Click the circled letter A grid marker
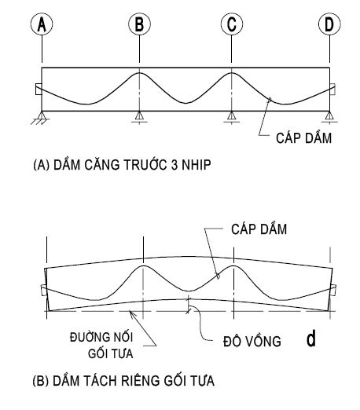42,24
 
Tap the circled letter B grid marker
139,24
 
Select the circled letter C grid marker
232,24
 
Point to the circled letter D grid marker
329,24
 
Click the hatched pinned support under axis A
41,118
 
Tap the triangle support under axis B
139,116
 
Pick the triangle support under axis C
231,116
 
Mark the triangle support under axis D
329,116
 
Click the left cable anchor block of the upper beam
39,89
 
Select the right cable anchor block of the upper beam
332,89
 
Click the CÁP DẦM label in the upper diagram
303,137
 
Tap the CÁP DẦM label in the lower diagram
259,229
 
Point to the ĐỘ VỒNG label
252,341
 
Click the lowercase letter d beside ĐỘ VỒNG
311,339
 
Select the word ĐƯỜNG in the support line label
86,337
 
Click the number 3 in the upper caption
174,165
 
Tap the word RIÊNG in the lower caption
141,380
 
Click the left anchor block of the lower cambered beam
44,290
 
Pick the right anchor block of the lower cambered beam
333,290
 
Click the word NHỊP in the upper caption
197,165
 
